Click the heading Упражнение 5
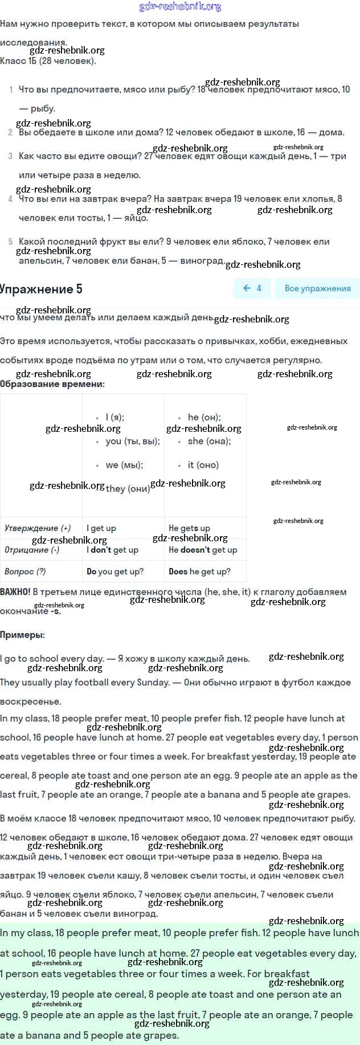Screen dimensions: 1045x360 41,289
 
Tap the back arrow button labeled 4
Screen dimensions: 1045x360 252,288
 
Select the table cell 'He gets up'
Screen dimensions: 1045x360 190,528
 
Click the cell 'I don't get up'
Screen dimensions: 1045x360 113,550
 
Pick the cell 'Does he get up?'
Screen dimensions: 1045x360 199,572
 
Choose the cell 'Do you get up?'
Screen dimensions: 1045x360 115,572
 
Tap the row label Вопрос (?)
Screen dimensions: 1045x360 25,572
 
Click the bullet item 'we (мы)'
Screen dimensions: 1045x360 124,465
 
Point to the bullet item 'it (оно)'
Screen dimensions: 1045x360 203,465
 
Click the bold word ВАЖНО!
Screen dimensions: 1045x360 15,592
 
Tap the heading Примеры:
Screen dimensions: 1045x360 22,635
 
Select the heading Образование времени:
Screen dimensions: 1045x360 52,384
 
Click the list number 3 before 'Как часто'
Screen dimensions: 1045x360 10,156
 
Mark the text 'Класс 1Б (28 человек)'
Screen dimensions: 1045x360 48,61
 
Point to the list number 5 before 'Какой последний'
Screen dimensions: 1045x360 10,242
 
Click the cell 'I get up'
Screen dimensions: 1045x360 101,528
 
